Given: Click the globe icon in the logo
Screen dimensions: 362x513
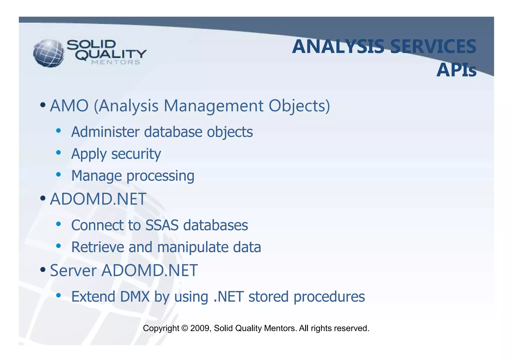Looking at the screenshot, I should click(49, 53).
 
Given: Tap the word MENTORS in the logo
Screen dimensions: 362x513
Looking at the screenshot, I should click(116, 63).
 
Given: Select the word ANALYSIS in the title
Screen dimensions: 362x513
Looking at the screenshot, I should click(338, 47).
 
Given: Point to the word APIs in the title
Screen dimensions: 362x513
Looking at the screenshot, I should click(456, 70).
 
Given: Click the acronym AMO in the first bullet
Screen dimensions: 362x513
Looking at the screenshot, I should click(69, 106).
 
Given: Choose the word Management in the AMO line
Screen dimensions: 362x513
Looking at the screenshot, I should click(213, 106).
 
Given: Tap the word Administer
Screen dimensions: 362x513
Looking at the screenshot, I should click(105, 132).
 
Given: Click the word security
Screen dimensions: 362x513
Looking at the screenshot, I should click(136, 154).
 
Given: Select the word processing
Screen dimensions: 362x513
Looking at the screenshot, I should click(160, 176).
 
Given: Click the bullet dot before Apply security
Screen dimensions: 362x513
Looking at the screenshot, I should click(58, 153).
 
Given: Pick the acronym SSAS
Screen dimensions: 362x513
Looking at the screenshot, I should click(162, 225).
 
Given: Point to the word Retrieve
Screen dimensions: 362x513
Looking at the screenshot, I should click(98, 247).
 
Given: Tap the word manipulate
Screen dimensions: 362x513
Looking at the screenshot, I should click(193, 247).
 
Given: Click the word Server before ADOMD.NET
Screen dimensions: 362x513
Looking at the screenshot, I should click(73, 270).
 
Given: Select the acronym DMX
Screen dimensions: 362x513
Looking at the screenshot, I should click(135, 297).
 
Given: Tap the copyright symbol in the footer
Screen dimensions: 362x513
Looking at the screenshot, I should click(185, 328).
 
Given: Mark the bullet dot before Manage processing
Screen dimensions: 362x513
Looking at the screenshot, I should click(58, 175).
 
